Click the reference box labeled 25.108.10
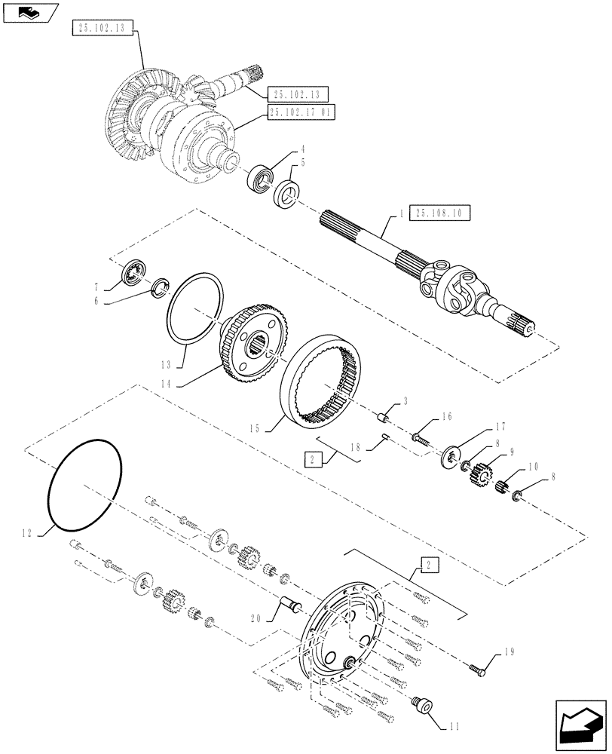click(x=439, y=213)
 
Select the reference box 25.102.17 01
click(x=301, y=112)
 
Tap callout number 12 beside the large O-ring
click(x=29, y=533)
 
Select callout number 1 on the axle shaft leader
click(x=401, y=214)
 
